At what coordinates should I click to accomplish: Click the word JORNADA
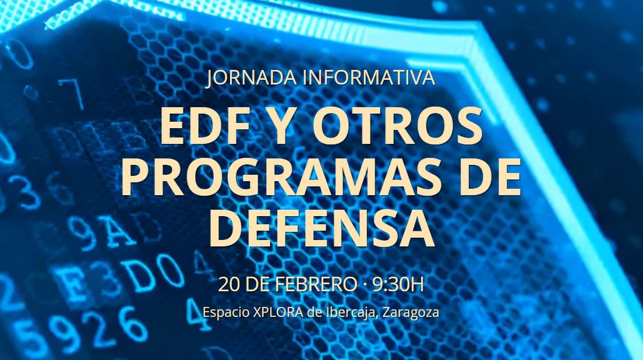(251, 78)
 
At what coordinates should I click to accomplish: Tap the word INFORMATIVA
(368, 78)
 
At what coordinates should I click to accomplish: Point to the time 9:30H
(398, 284)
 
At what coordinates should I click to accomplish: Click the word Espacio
(227, 312)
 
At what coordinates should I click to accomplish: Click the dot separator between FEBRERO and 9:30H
(364, 285)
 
